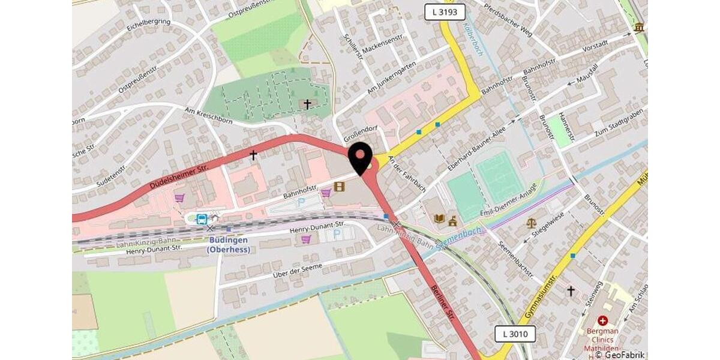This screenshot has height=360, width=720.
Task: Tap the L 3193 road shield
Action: pos(445,11)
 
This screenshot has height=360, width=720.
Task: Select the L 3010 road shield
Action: pos(515,334)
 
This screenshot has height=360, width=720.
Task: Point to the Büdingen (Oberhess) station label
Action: pos(229,245)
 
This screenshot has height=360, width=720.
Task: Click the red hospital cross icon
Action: pos(602,321)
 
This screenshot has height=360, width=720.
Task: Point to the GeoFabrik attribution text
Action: pos(620,355)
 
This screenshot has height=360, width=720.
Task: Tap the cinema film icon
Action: pos(340,187)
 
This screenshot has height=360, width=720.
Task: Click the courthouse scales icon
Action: pos(532,223)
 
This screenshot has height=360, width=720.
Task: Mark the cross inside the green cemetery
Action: pos(307,104)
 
